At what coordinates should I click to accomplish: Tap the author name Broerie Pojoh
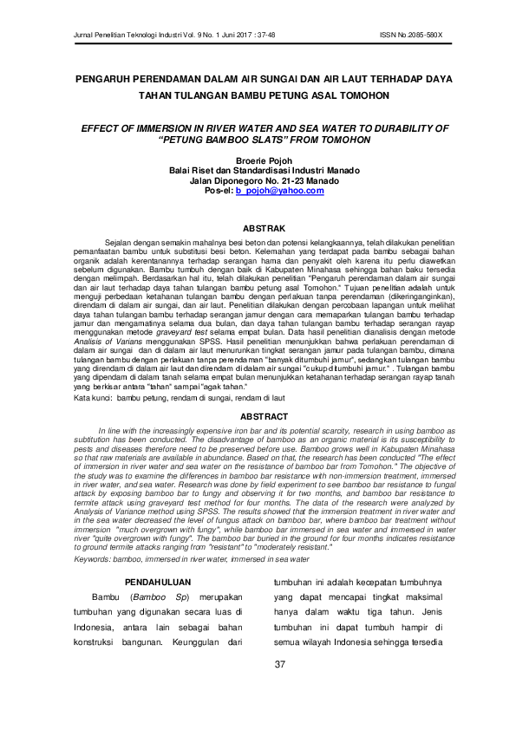point(258,160)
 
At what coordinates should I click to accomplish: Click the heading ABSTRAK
point(258,228)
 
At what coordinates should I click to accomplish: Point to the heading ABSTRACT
point(258,418)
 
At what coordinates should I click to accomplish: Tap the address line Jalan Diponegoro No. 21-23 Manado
point(258,180)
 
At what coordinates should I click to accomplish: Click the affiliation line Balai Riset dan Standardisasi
point(258,170)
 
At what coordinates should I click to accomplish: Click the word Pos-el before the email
point(218,191)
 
